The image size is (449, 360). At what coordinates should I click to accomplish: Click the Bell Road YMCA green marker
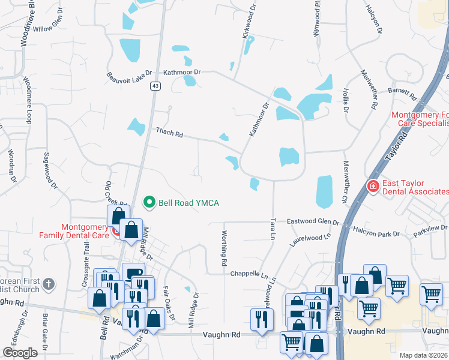point(150,203)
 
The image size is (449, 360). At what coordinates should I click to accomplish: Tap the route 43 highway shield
point(155,86)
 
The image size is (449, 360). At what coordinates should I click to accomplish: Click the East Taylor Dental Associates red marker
point(373,187)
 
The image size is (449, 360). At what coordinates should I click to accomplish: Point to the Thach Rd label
point(169,132)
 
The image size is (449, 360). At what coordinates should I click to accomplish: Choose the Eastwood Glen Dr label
point(312,221)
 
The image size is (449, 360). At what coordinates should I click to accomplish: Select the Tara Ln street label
point(273,229)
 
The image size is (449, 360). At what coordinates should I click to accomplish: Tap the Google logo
point(20,353)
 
